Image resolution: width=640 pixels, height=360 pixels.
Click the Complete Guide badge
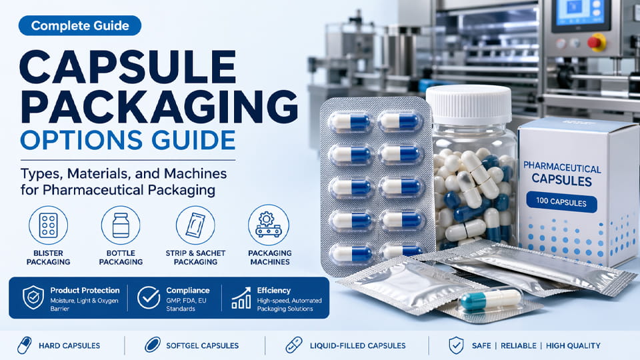coord(79,26)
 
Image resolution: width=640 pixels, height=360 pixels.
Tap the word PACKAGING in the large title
coord(154,106)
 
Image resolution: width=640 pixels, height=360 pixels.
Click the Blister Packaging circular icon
coord(48,225)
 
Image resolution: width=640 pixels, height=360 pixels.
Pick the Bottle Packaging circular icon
coord(121,225)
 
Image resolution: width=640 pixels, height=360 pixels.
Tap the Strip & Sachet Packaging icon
coord(195,225)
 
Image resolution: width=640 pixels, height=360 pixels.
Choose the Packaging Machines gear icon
coord(269,225)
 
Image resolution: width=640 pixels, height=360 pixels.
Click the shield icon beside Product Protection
coord(33,297)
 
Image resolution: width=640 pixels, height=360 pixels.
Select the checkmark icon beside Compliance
coord(148,297)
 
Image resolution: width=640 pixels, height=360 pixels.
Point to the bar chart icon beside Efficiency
coord(241,297)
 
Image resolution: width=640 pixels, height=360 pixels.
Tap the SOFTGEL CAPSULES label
coord(201,345)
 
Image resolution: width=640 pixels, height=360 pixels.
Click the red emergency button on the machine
coord(596,42)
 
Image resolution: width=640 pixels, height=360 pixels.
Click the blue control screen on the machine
coord(571,15)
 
